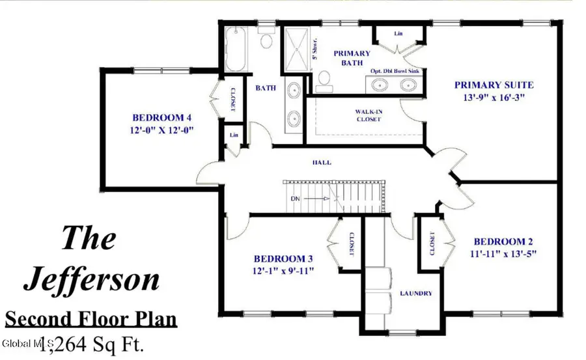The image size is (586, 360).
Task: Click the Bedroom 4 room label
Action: tap(161, 118)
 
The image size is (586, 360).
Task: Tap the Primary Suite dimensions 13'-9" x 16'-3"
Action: tap(494, 98)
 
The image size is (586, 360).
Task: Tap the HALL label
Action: tap(322, 162)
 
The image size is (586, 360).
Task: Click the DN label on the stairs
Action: tap(295, 197)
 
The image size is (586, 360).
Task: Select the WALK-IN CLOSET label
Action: tap(369, 115)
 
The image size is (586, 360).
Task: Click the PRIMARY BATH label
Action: tap(352, 58)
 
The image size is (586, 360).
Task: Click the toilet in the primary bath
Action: tap(322, 80)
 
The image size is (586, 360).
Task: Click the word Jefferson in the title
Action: tap(91, 279)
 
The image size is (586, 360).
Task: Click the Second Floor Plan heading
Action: tap(91, 320)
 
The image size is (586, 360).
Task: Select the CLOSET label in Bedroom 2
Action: tap(432, 243)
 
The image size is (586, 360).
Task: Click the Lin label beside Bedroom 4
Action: tap(232, 135)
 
